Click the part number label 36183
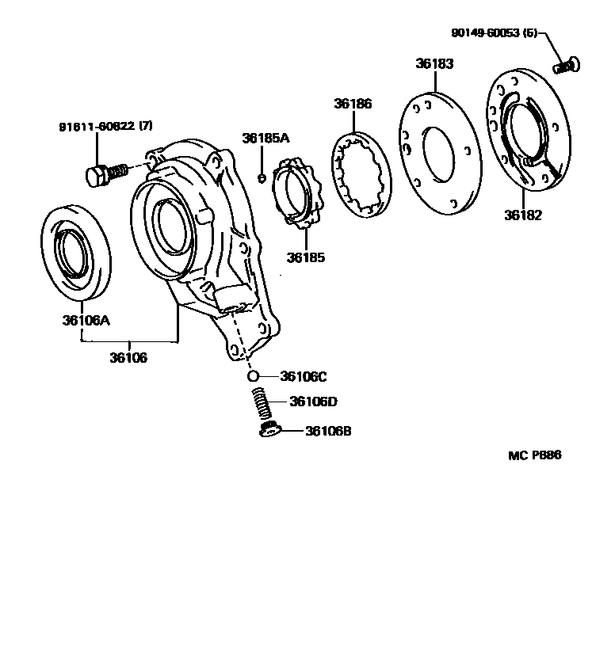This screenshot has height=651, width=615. tap(434, 64)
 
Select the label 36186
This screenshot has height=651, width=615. tap(353, 104)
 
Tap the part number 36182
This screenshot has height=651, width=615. tap(522, 215)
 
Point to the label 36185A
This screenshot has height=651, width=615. tap(265, 138)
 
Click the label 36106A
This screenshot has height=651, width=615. tap(86, 321)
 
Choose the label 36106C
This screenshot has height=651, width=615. tap(304, 376)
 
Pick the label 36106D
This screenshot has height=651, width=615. tap(313, 402)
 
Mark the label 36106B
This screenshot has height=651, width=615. tap(328, 432)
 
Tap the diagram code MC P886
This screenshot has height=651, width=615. tap(534, 455)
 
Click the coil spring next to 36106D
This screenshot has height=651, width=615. tap(262, 404)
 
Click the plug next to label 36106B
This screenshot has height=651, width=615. tap(269, 430)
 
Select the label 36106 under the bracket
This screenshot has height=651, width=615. tap(128, 358)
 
